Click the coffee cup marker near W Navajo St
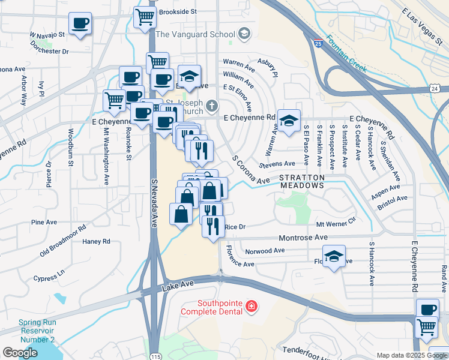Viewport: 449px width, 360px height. (80, 23)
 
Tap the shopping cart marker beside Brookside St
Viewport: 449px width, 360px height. (145, 17)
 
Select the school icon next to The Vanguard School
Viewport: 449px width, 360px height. (244, 34)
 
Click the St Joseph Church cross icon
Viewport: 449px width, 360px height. (211, 106)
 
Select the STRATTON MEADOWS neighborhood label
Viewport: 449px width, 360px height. (302, 181)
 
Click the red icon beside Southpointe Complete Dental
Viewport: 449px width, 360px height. (250, 308)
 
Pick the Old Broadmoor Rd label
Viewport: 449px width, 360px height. (62, 241)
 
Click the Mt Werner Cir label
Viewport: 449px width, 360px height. (336, 224)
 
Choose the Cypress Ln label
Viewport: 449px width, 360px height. (49, 277)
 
